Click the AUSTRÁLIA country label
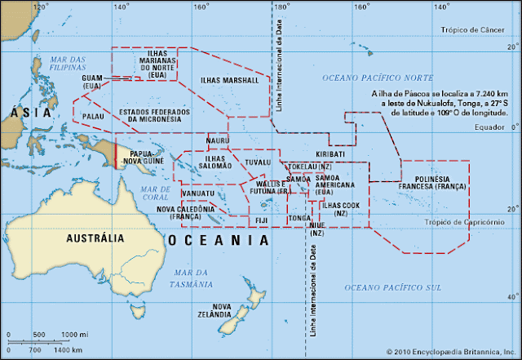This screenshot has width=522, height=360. [95, 238]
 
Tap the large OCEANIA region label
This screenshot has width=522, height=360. [218, 241]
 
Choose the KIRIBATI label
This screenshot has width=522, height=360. [330, 153]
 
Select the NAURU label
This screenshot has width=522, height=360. [217, 140]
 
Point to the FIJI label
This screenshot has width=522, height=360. [262, 220]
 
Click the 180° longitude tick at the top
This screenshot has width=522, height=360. [279, 7]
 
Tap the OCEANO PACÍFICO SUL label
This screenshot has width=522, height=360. [393, 287]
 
